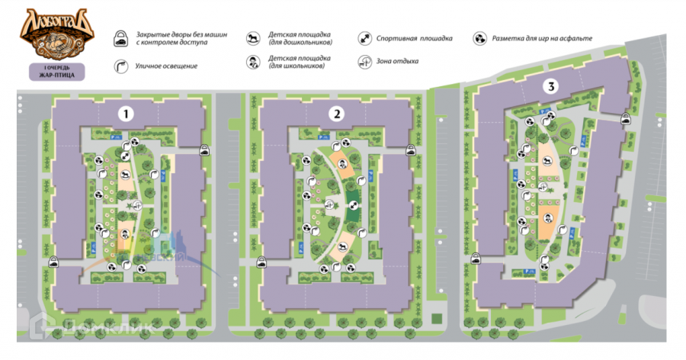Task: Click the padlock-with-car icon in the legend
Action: (x=120, y=40)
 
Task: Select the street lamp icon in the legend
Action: (x=120, y=66)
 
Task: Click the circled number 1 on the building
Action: (x=127, y=114)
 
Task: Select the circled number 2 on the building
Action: (x=336, y=114)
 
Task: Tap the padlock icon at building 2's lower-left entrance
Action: (x=261, y=261)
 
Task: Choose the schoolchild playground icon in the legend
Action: (x=253, y=63)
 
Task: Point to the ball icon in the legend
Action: (x=479, y=37)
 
